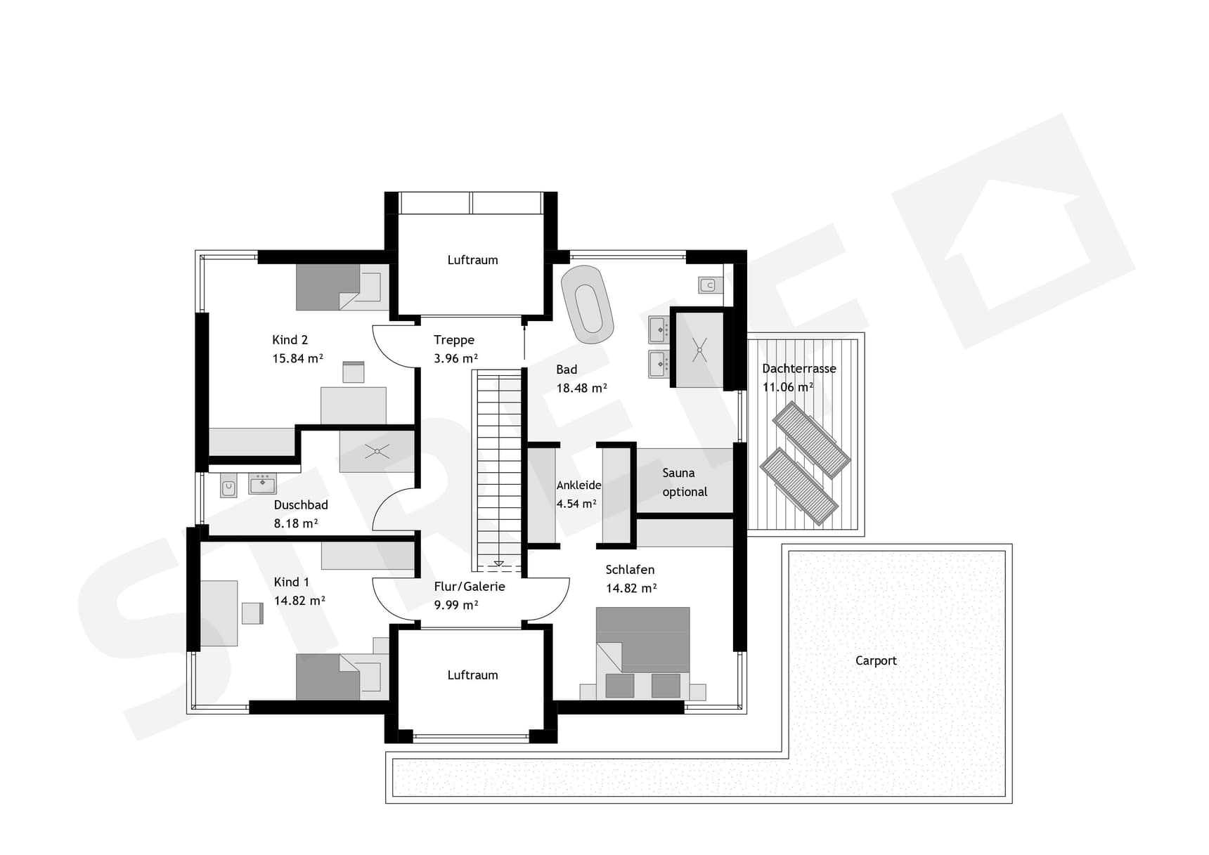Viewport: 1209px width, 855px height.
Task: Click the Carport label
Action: pos(876,660)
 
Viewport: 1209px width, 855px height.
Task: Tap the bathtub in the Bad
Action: pos(588,299)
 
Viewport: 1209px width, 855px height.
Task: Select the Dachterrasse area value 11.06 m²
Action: pos(788,387)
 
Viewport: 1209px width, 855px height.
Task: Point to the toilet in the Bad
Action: pos(709,285)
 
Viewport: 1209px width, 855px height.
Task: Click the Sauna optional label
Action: pos(685,483)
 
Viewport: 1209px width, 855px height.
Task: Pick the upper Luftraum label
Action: pos(472,260)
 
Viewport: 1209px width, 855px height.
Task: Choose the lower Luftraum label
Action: pos(472,675)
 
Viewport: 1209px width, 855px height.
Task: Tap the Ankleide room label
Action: pos(578,485)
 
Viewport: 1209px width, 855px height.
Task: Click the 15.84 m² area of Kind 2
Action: pos(297,358)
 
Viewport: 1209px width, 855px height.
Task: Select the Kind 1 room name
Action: pos(291,582)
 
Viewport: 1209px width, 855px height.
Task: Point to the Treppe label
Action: pos(454,340)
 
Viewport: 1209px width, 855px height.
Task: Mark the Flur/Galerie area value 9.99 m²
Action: pos(456,605)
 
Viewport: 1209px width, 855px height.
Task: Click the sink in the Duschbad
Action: pos(263,483)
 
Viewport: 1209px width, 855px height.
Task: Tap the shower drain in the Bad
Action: pos(699,350)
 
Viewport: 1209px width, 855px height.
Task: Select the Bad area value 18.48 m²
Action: pos(581,388)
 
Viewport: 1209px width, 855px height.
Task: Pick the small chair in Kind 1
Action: pos(252,613)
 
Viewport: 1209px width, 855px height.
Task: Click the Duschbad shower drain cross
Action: pos(377,451)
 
